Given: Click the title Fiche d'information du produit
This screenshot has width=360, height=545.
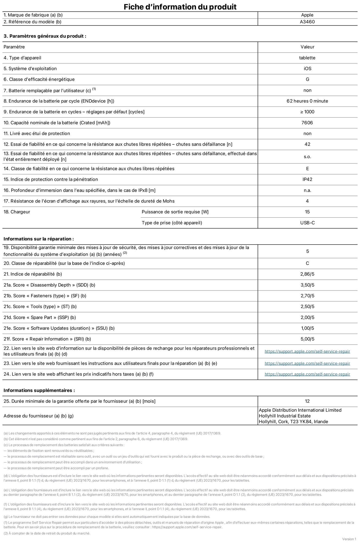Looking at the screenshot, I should pyautogui.click(x=180, y=7).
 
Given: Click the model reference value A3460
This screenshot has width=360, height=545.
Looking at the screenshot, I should pyautogui.click(x=307, y=22).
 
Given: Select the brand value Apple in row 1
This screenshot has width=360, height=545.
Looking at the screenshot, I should pyautogui.click(x=307, y=15).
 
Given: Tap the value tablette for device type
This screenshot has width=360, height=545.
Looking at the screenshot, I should pyautogui.click(x=307, y=58).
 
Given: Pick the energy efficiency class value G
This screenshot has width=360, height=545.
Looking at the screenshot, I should pyautogui.click(x=307, y=79).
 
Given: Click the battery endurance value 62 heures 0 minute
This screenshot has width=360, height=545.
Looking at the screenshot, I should pyautogui.click(x=307, y=101).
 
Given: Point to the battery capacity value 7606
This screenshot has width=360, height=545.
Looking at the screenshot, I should pyautogui.click(x=307, y=123).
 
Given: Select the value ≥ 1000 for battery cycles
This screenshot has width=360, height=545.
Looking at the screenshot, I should pyautogui.click(x=307, y=112).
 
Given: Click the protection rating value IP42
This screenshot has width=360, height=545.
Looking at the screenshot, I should pyautogui.click(x=307, y=179).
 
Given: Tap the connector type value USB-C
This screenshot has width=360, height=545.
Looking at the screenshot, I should pyautogui.click(x=307, y=223).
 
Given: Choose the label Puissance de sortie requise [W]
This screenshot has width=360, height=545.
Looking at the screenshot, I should pyautogui.click(x=175, y=212).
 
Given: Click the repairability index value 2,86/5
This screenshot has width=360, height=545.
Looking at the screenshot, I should pyautogui.click(x=307, y=274).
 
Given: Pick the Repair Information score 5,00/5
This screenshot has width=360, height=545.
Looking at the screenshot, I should pyautogui.click(x=307, y=339).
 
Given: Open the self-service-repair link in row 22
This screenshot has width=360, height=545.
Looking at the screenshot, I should pyautogui.click(x=307, y=351).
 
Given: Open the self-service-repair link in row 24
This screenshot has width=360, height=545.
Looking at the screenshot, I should pyautogui.click(x=307, y=374).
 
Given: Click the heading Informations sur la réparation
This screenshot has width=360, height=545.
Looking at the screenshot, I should pyautogui.click(x=38, y=239).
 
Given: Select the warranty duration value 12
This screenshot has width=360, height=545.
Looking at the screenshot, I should pyautogui.click(x=307, y=401).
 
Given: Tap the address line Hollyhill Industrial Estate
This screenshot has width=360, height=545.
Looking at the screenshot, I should pyautogui.click(x=285, y=416).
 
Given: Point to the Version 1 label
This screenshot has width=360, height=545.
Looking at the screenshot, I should pyautogui.click(x=349, y=539).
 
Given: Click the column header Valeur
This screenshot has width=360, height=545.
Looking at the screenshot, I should pyautogui.click(x=307, y=47).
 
